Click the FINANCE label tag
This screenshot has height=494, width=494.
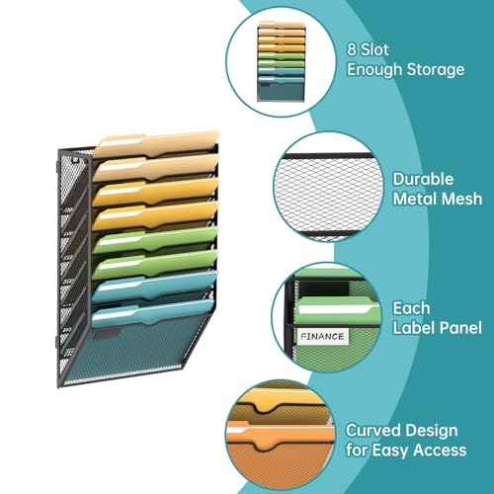323,336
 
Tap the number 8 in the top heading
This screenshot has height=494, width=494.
352,49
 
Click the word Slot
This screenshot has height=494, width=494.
374,49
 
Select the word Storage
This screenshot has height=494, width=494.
436,70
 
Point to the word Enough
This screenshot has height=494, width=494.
374,70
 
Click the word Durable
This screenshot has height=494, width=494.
423,180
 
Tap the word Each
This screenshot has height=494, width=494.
411,308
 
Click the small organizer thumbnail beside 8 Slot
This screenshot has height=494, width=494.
282,61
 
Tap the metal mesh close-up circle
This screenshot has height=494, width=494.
328,187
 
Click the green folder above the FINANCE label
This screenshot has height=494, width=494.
339,310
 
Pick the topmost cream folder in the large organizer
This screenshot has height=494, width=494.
157,144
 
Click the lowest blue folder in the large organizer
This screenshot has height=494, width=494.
152,313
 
